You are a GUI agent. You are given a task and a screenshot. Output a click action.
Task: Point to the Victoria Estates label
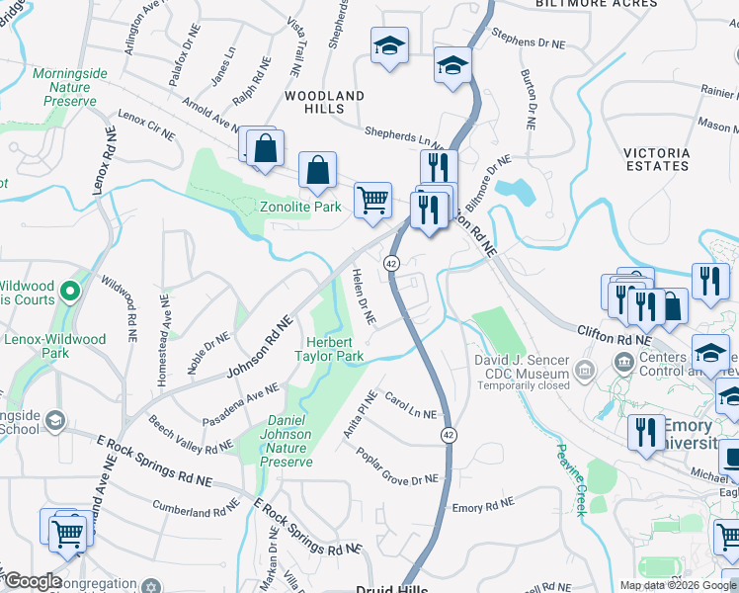[657, 159]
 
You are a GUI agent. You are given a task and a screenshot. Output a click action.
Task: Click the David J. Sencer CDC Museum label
[521, 367]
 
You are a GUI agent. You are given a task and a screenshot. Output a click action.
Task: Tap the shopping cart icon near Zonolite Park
[372, 201]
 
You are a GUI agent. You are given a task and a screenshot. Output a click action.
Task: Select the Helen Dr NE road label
[365, 296]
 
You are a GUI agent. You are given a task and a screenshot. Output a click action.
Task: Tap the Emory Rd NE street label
[483, 507]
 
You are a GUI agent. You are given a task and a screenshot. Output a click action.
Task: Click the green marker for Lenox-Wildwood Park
[69, 292]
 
